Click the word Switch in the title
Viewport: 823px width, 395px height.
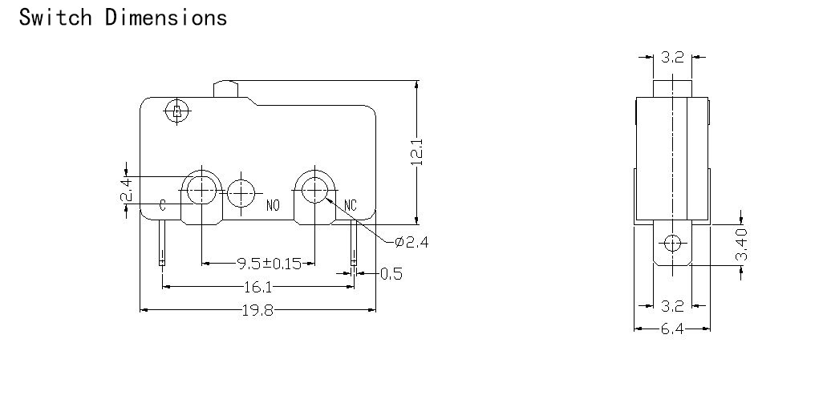click(55, 17)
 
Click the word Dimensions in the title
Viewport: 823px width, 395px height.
click(166, 17)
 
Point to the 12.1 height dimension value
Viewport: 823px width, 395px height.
click(416, 152)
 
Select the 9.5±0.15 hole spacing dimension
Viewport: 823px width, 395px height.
click(270, 263)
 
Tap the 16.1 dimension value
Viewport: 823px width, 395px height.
click(258, 287)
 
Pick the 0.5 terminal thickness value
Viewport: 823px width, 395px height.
click(391, 273)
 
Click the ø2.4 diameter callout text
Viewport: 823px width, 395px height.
click(411, 242)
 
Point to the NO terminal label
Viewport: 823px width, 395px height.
click(273, 206)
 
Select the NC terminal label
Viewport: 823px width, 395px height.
click(350, 205)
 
